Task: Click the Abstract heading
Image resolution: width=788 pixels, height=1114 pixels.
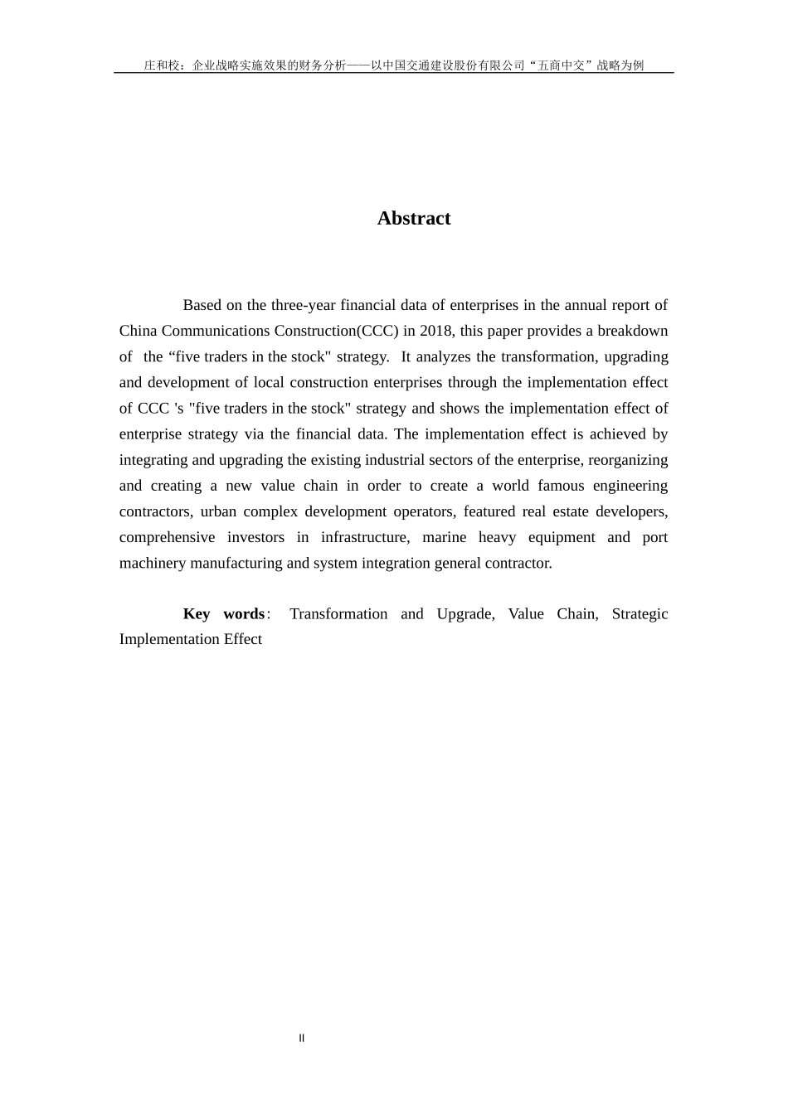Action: pyautogui.click(x=414, y=218)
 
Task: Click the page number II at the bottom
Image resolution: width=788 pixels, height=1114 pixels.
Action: pyautogui.click(x=302, y=1038)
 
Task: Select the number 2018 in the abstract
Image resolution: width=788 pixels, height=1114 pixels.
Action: pyautogui.click(x=436, y=331)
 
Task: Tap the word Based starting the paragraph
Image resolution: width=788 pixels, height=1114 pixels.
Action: pyautogui.click(x=202, y=305)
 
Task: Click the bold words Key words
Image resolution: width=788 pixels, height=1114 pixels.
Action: pyautogui.click(x=223, y=613)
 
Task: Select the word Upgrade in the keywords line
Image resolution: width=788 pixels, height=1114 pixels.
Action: pyautogui.click(x=465, y=613)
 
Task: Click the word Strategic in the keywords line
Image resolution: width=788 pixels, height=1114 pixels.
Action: pyautogui.click(x=640, y=613)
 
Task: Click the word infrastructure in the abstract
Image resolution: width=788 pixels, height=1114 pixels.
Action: pyautogui.click(x=365, y=537)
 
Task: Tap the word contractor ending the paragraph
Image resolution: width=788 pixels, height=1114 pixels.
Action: pyautogui.click(x=519, y=563)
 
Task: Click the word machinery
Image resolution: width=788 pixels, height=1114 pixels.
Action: pyautogui.click(x=152, y=563)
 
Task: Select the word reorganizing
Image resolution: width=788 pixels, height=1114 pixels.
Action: pyautogui.click(x=628, y=460)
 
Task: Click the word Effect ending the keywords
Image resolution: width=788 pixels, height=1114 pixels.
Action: pyautogui.click(x=243, y=639)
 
